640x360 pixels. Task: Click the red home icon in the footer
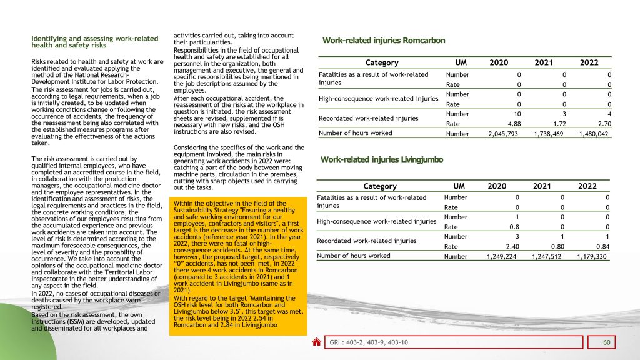pos(317,342)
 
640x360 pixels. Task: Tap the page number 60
pos(606,342)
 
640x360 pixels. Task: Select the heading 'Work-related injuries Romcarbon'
pos(384,41)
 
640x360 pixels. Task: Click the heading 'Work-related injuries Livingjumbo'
pos(382,159)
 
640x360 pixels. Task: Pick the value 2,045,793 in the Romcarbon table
pos(504,133)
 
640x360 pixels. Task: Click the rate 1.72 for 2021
pos(558,123)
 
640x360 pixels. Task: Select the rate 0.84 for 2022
pos(602,246)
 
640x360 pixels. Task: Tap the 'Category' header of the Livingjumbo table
pos(380,186)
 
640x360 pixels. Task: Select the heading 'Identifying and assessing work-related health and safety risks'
pos(95,42)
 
